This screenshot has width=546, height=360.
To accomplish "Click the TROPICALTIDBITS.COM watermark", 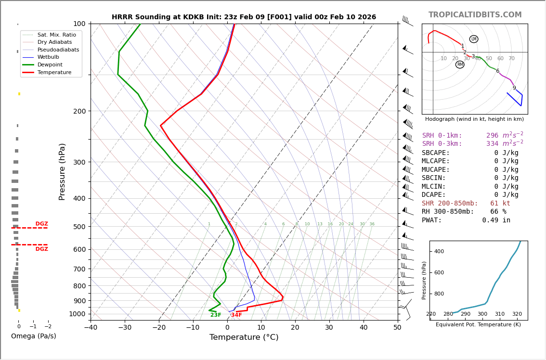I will coord(475,15).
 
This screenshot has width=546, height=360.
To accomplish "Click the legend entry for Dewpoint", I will coord(51,64).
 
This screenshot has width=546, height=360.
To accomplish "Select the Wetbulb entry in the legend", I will coord(48,57).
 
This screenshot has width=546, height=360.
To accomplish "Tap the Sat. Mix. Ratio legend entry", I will coord(56,35).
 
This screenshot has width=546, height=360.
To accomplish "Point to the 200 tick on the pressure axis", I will coord(79,111).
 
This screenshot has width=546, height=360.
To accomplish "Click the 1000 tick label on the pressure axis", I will coord(77,314).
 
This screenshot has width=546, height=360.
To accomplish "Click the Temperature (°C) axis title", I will coord(244,337).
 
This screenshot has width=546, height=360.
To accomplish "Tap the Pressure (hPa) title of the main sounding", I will coord(62,171).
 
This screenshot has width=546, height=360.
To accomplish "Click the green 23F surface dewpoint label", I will coord(216,315).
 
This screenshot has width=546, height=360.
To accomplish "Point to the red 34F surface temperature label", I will coord(236,315).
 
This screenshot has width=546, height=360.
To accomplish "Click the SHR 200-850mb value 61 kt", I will coord(500,204).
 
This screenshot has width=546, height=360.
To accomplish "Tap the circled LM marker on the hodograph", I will coord(474,39).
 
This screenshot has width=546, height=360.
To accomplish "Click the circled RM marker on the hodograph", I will coord(460,64).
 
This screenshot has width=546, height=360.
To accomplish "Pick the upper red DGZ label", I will coord(42,224).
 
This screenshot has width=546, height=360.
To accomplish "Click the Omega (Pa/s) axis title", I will coord(33,336).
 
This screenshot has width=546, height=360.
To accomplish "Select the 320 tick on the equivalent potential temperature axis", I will coord(517,314).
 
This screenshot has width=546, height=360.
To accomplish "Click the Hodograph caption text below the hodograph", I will coord(474,119).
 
